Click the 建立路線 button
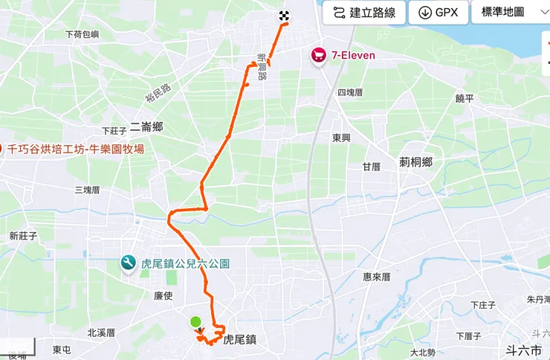(364, 13)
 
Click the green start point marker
(195, 322)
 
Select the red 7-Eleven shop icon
(320, 56)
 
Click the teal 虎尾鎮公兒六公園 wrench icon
(128, 263)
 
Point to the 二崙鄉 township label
(146, 126)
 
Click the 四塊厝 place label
(350, 93)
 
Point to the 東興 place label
(341, 138)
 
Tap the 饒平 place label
(465, 98)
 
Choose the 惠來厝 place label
(377, 277)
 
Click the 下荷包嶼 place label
(82, 34)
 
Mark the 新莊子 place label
(23, 236)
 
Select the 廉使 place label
(163, 295)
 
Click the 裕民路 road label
(158, 92)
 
